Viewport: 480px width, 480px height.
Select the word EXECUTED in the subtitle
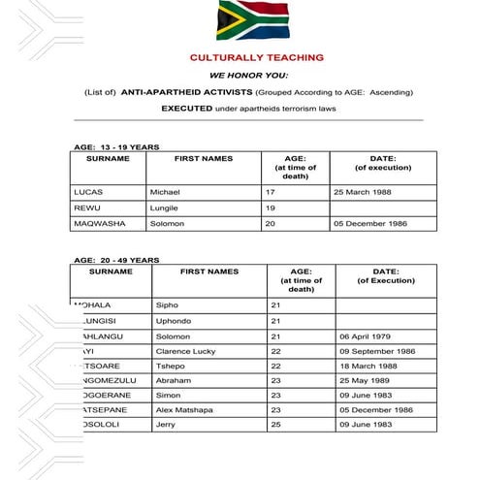(184, 108)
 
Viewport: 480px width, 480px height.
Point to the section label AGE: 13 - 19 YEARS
(116, 146)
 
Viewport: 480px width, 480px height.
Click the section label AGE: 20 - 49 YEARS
(116, 260)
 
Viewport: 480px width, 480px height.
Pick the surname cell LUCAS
(88, 192)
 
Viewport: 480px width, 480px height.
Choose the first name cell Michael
(165, 192)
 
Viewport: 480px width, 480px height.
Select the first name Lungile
(165, 208)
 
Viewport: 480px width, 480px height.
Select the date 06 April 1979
(371, 336)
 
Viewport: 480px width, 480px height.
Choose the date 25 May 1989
(369, 381)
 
